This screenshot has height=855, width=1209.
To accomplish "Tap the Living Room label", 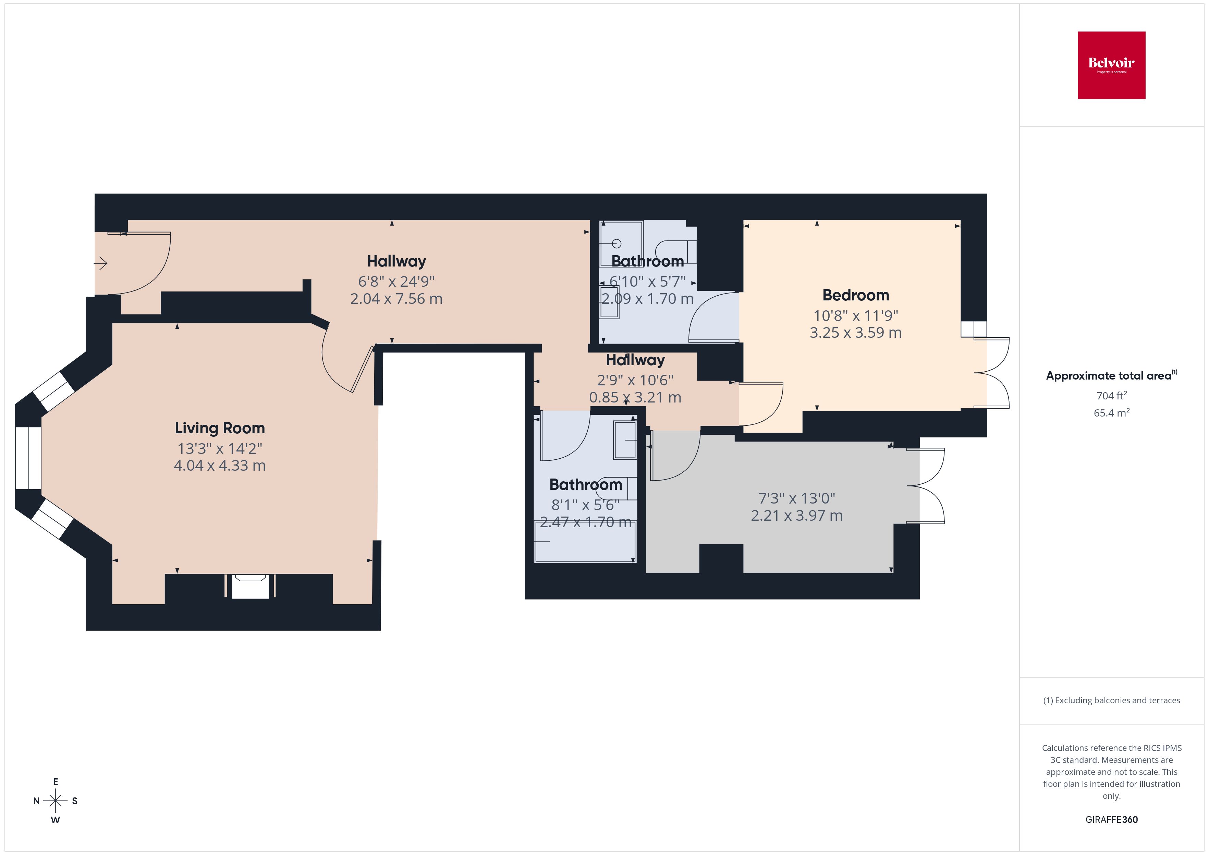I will (220, 428).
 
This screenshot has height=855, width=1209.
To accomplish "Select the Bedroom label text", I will (856, 295).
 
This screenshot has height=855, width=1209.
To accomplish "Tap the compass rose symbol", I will (55, 801).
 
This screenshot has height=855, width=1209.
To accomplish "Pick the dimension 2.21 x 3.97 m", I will (797, 516).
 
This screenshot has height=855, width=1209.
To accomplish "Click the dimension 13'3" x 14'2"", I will (220, 448).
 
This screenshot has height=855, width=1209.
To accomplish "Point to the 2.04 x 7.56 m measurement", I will (396, 298).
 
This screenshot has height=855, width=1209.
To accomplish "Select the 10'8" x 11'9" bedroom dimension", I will (856, 315).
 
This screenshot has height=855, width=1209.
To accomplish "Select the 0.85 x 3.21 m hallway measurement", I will (635, 397).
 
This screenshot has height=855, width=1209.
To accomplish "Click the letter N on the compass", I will (36, 801).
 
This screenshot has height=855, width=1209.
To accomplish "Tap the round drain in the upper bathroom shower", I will (617, 243).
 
